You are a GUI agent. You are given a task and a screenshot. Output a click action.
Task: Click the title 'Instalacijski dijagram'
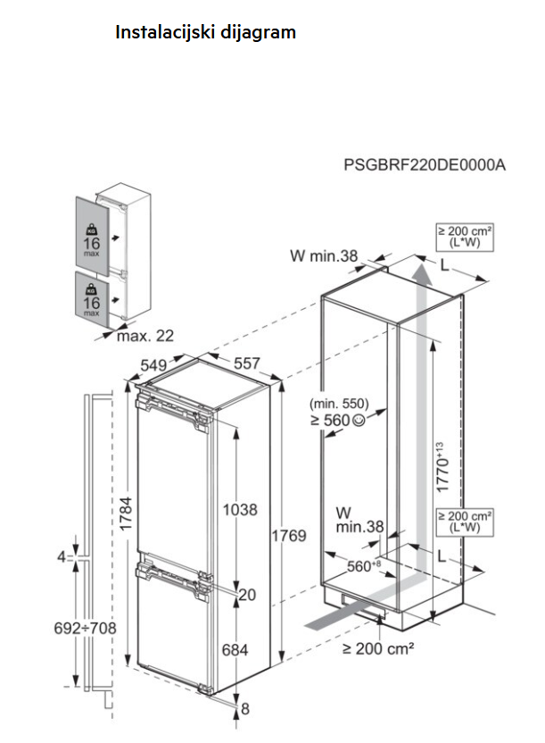pos(205,32)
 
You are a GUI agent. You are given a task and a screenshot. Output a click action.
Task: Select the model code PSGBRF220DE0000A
pos(425,165)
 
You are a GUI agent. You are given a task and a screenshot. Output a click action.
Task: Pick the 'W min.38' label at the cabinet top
pos(323,257)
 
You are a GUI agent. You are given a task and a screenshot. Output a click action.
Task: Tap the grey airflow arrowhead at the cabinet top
pos(426,269)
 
